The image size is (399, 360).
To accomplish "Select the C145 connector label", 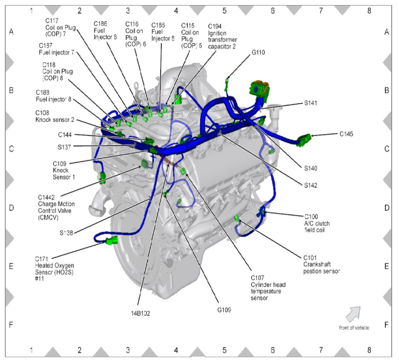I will coord(347,134).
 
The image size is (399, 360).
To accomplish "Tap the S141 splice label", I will coord(311,103).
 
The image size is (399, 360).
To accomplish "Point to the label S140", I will coord(311,168).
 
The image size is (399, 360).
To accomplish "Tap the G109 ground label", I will coord(224,309).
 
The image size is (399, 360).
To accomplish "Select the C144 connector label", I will coord(66,135).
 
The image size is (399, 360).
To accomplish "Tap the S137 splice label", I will coord(65,147).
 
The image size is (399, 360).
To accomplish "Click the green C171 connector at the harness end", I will coord(111,241).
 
